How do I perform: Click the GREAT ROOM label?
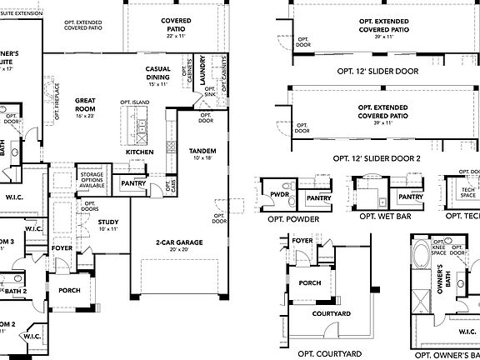click(x=85, y=105)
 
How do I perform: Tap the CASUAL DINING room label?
click(x=158, y=73)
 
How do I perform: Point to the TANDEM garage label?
click(x=202, y=151)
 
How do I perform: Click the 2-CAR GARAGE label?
click(x=175, y=242)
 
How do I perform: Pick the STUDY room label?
click(x=107, y=222)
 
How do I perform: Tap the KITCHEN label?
click(x=139, y=152)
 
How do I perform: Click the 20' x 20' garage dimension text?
click(x=175, y=250)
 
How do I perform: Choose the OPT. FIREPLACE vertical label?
click(x=57, y=100)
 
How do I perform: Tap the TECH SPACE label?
click(x=457, y=192)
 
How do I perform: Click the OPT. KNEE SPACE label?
click(x=437, y=247)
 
